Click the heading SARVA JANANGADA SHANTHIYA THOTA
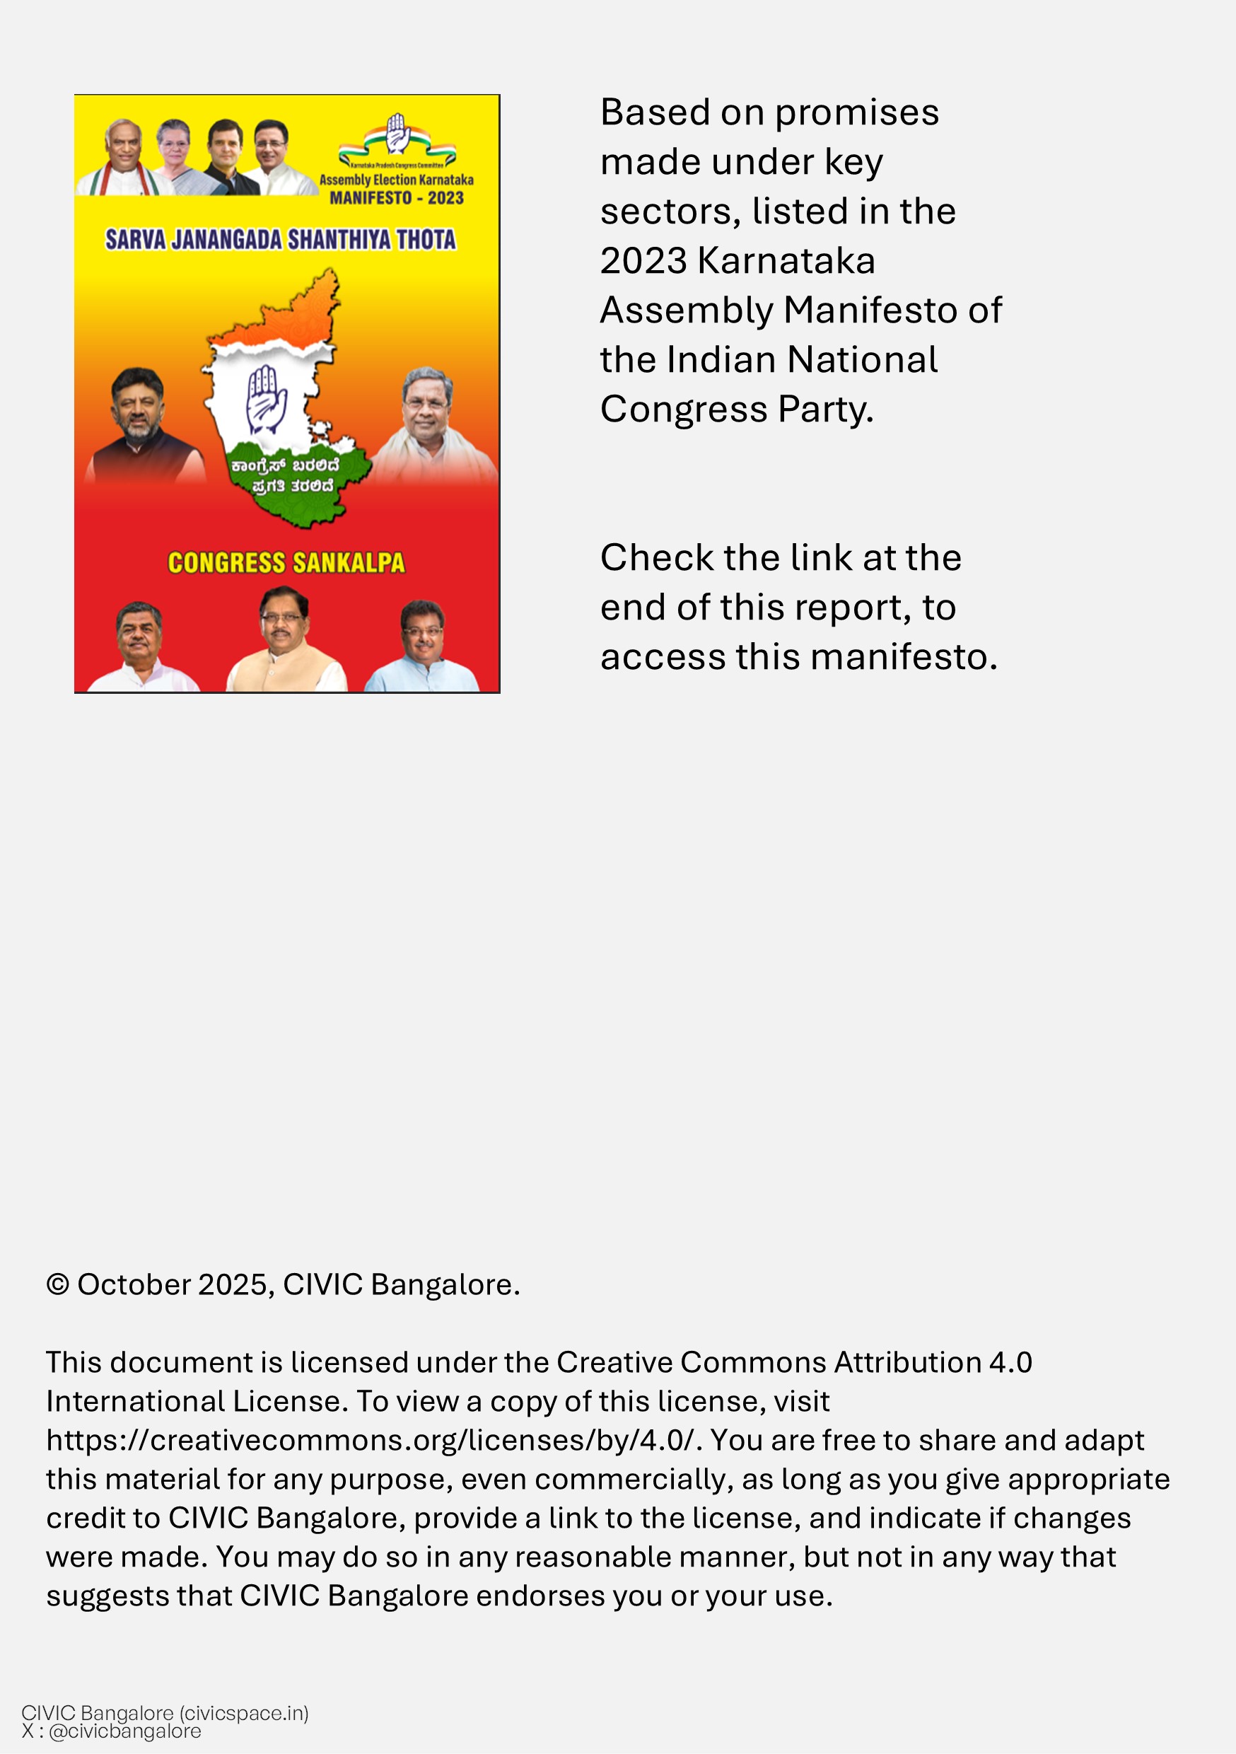280,240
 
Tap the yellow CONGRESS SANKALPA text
286,563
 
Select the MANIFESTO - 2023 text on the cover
397,198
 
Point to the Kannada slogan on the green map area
285,476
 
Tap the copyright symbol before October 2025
57,1285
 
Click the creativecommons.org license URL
371,1441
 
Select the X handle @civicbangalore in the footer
124,1732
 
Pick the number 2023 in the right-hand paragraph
643,261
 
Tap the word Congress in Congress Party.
684,410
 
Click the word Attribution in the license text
906,1363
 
